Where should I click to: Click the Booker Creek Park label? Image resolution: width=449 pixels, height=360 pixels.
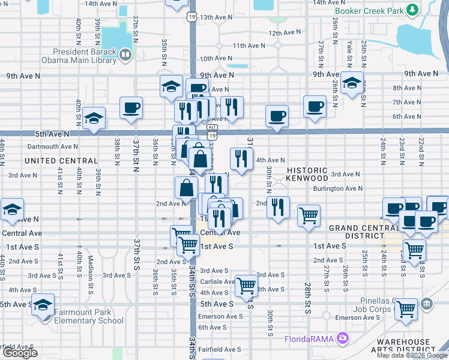click(x=369, y=11)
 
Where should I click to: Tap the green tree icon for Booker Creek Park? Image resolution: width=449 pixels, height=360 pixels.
click(x=412, y=10)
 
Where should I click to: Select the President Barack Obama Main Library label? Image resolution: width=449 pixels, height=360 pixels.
click(x=78, y=55)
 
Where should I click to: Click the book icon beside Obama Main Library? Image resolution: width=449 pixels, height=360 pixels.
click(x=125, y=56)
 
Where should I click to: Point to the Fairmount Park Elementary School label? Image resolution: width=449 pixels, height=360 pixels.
click(x=88, y=316)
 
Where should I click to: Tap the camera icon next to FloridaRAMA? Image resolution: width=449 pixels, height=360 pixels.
click(x=342, y=338)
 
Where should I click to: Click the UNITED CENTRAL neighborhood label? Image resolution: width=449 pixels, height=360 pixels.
click(x=61, y=161)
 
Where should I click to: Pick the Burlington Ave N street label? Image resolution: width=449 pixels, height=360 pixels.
click(x=337, y=188)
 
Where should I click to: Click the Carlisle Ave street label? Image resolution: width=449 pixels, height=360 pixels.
click(x=217, y=281)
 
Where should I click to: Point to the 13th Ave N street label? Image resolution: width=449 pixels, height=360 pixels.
click(x=215, y=17)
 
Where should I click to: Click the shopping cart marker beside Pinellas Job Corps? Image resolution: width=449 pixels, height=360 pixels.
click(x=406, y=310)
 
